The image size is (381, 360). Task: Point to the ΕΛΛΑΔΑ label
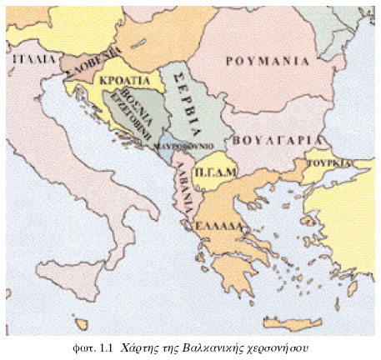218,227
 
